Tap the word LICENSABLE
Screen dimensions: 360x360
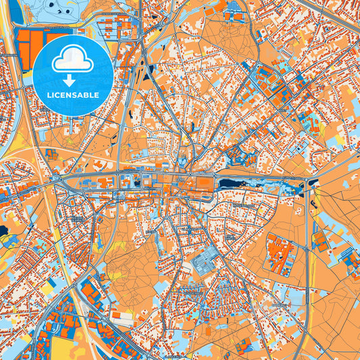click(72, 95)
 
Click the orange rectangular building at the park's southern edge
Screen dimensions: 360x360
click(122, 315)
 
